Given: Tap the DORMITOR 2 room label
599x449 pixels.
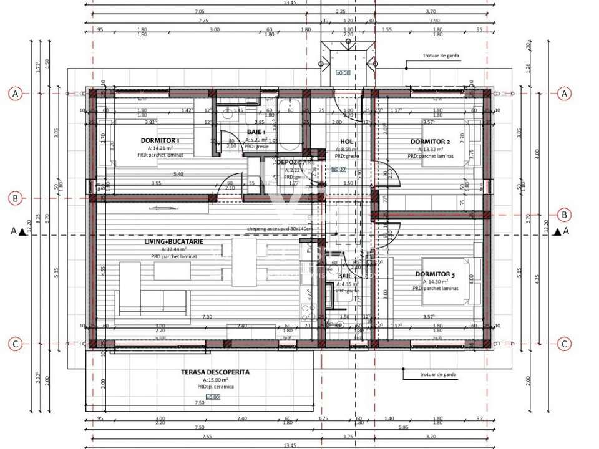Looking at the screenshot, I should tap(430, 142).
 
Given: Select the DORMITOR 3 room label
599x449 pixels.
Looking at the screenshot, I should tap(435, 274).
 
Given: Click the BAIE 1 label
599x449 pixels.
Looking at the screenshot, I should tap(256, 132).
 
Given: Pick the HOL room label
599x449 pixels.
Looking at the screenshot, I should tap(346, 142).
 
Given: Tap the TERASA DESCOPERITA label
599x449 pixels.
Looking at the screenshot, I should tap(215, 372).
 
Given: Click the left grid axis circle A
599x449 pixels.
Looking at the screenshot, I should tap(16, 94).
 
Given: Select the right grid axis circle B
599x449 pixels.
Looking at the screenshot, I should tap(564, 215).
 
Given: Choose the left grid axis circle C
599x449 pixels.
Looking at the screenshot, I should tap(16, 344).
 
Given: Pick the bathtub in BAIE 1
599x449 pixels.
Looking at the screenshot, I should tap(290, 125).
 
